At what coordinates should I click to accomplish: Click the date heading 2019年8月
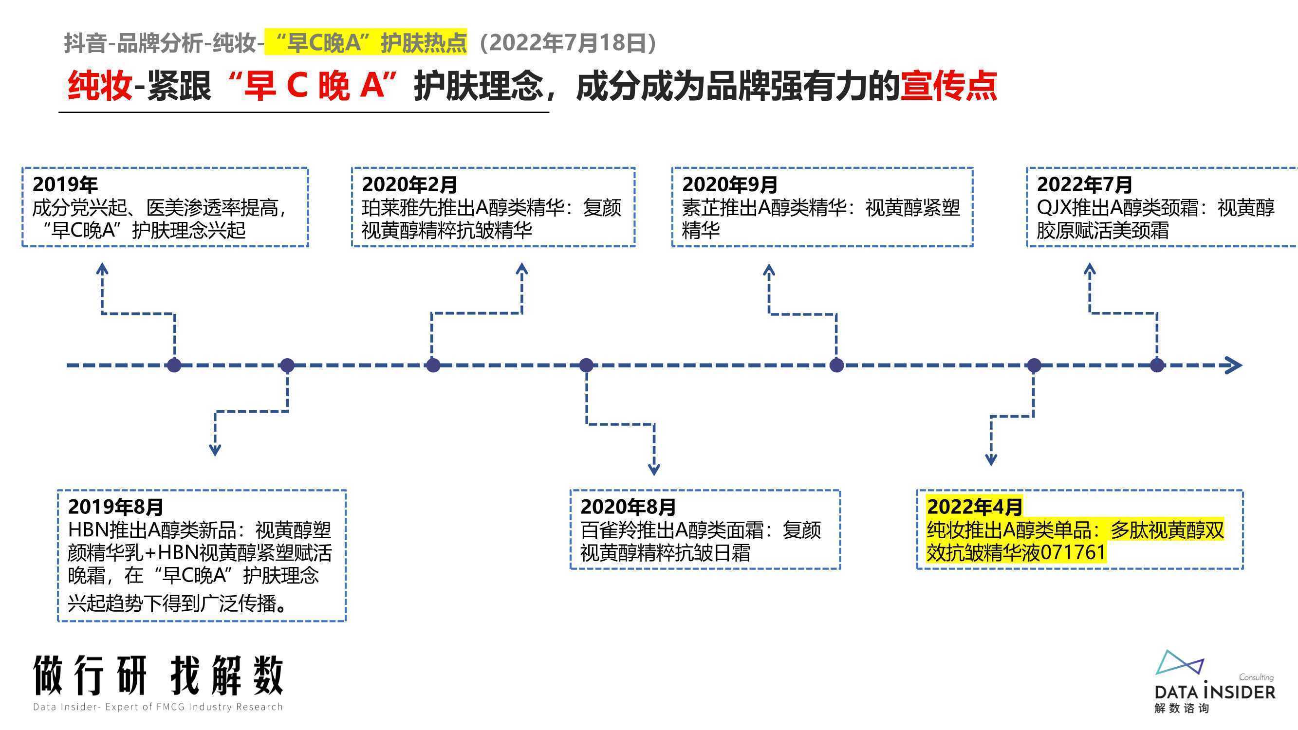pyautogui.click(x=116, y=506)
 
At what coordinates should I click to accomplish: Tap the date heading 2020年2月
pyautogui.click(x=409, y=184)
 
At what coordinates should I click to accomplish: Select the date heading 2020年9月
pyautogui.click(x=730, y=184)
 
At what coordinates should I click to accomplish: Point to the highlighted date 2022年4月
pyautogui.click(x=975, y=506)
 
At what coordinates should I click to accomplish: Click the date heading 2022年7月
pyautogui.click(x=1084, y=184)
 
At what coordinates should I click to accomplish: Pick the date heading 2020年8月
pyautogui.click(x=628, y=506)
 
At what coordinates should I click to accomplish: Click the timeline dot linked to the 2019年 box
pyautogui.click(x=174, y=365)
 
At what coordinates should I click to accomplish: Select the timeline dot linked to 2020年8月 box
pyautogui.click(x=586, y=365)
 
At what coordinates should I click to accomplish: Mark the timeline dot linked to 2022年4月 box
pyautogui.click(x=1034, y=365)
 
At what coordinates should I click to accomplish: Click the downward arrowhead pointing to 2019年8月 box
pyautogui.click(x=215, y=450)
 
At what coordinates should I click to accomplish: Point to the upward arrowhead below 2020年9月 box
pyautogui.click(x=769, y=270)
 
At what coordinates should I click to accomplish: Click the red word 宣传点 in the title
pyautogui.click(x=948, y=86)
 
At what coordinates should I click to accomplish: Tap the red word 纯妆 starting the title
pyautogui.click(x=100, y=86)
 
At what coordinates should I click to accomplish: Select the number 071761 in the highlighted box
pyautogui.click(x=1073, y=553)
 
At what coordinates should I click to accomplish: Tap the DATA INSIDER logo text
pyautogui.click(x=1215, y=691)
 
